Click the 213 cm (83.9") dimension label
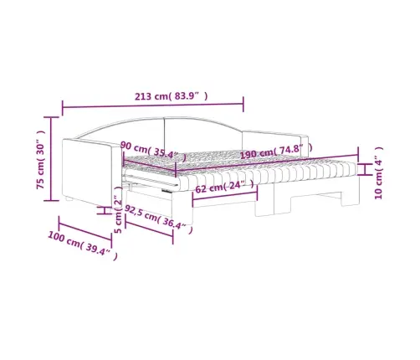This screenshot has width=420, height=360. point(172,96)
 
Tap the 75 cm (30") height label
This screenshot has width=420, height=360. point(41,159)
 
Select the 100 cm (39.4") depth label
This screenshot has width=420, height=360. point(83,245)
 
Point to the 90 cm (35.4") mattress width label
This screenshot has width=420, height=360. point(153,152)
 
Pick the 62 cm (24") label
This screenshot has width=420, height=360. point(225,187)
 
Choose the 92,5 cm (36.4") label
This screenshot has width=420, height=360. point(158,219)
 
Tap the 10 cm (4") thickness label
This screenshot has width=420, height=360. point(378,172)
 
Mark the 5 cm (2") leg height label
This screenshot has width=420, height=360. point(119,210)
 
